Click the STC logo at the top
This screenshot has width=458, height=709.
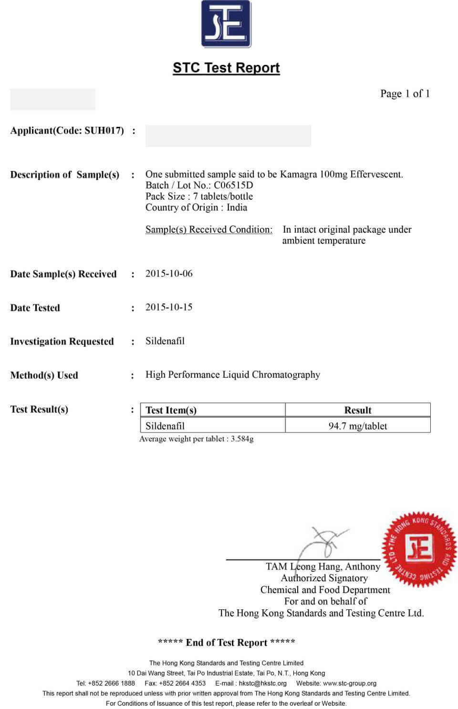pos(226,24)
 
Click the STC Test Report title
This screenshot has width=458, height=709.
pos(226,68)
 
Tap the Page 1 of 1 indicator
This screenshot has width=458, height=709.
pos(405,93)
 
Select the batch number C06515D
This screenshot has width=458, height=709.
pos(233,185)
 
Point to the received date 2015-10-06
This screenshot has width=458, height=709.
pos(169,273)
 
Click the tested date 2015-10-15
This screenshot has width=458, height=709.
pos(169,307)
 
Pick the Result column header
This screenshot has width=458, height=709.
pos(358,410)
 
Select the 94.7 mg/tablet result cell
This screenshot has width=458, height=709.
pos(358,426)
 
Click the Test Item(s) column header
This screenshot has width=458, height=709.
pos(171,410)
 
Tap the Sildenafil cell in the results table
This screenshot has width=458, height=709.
pos(165,426)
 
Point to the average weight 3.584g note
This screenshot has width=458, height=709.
pos(196,439)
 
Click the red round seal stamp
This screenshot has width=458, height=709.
pos(419,549)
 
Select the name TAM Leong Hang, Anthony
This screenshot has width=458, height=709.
pos(323,566)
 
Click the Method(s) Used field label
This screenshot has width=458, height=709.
pos(44,375)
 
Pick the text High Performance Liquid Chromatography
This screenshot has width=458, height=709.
pos(233,375)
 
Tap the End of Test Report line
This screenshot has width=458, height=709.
pos(226,642)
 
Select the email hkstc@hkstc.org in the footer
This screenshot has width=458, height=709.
pos(263,683)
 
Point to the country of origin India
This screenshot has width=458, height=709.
pos(237,207)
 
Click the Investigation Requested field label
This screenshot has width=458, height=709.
pos(62,341)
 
